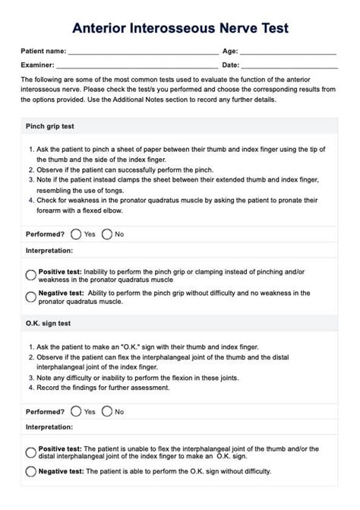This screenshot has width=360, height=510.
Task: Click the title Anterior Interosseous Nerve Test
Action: tap(180, 28)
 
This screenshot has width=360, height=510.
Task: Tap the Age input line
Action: tap(288, 53)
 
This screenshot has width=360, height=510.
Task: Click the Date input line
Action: tap(289, 66)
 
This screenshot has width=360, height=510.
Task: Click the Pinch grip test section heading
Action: tap(49, 125)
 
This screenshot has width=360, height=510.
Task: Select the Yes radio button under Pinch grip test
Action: tap(76, 234)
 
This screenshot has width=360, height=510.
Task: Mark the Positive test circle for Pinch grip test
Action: tap(31, 275)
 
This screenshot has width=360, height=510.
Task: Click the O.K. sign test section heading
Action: tap(49, 323)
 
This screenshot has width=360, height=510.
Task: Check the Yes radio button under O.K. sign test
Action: tap(76, 411)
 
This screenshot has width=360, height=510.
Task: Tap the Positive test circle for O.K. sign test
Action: tap(31, 453)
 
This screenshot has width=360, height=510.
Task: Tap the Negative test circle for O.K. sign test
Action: tap(31, 471)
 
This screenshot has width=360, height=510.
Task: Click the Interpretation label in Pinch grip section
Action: tap(50, 251)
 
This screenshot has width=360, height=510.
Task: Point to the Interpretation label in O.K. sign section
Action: tap(50, 428)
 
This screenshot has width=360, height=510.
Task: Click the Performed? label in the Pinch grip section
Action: tap(46, 234)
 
